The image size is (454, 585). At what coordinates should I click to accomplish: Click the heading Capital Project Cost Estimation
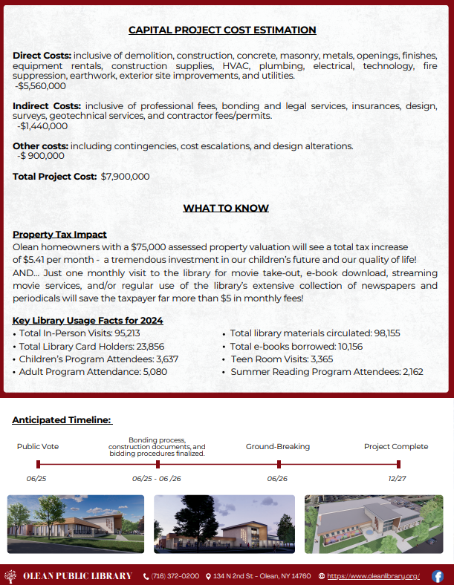point(222,30)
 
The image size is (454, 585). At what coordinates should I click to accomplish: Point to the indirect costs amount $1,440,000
point(44,126)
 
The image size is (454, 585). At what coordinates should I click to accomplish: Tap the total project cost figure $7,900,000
point(125,177)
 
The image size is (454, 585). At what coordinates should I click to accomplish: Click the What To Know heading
point(226,208)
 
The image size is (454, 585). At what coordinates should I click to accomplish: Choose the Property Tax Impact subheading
point(59,235)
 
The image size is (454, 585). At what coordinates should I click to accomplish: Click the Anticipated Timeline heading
point(62,420)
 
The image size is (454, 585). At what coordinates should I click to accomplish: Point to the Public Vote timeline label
point(38,446)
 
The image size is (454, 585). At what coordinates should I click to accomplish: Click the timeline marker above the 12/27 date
point(398,465)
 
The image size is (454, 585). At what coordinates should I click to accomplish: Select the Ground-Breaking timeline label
point(278,446)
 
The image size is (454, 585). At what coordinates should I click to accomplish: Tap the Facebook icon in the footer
point(438,576)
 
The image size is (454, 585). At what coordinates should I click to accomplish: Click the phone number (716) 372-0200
point(175,576)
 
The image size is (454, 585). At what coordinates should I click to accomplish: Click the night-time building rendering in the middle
point(224,524)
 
